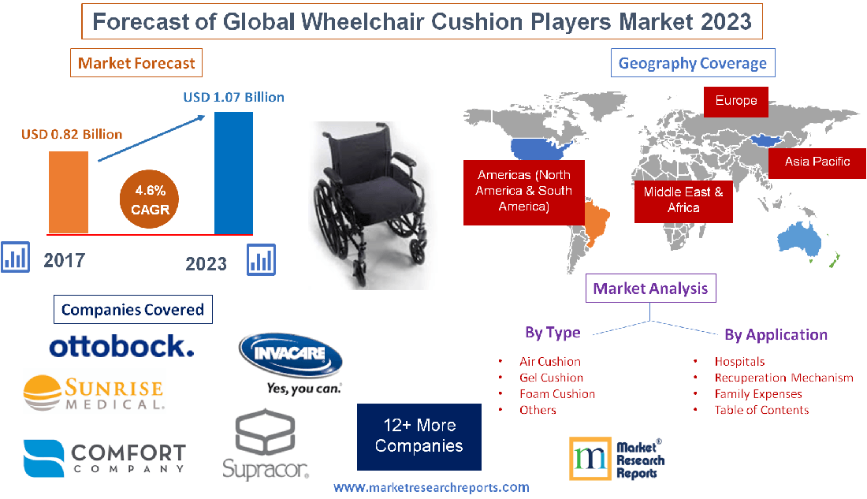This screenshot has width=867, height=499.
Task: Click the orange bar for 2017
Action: pos(69,192)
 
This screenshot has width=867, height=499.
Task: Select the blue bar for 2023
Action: pos(233,173)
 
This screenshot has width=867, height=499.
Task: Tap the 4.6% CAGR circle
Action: pos(150,200)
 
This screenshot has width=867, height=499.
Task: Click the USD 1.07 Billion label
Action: pos(233,97)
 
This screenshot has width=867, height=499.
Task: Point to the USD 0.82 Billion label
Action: pos(72,134)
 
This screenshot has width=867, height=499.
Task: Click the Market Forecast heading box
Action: pos(136,62)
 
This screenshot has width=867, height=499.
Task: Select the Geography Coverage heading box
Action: pos(693,63)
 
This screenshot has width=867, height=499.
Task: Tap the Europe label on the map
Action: pos(736,101)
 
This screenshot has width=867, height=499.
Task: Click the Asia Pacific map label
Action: pos(817,162)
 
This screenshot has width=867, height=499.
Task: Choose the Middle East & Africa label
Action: pos(683,199)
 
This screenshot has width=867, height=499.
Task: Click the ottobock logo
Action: pos(121,345)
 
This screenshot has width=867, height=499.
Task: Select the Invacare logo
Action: pos(290,363)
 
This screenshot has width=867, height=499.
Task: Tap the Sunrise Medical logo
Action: pos(94,392)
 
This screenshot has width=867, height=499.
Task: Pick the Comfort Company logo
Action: pos(105,458)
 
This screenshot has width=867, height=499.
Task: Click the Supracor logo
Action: pos(265,445)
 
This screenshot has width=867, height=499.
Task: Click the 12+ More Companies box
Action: pos(419,437)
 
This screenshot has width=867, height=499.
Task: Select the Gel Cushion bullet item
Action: pos(551,378)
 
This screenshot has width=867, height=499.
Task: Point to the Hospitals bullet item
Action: pos(739,361)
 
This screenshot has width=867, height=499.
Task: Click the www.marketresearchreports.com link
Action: pos(431,488)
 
